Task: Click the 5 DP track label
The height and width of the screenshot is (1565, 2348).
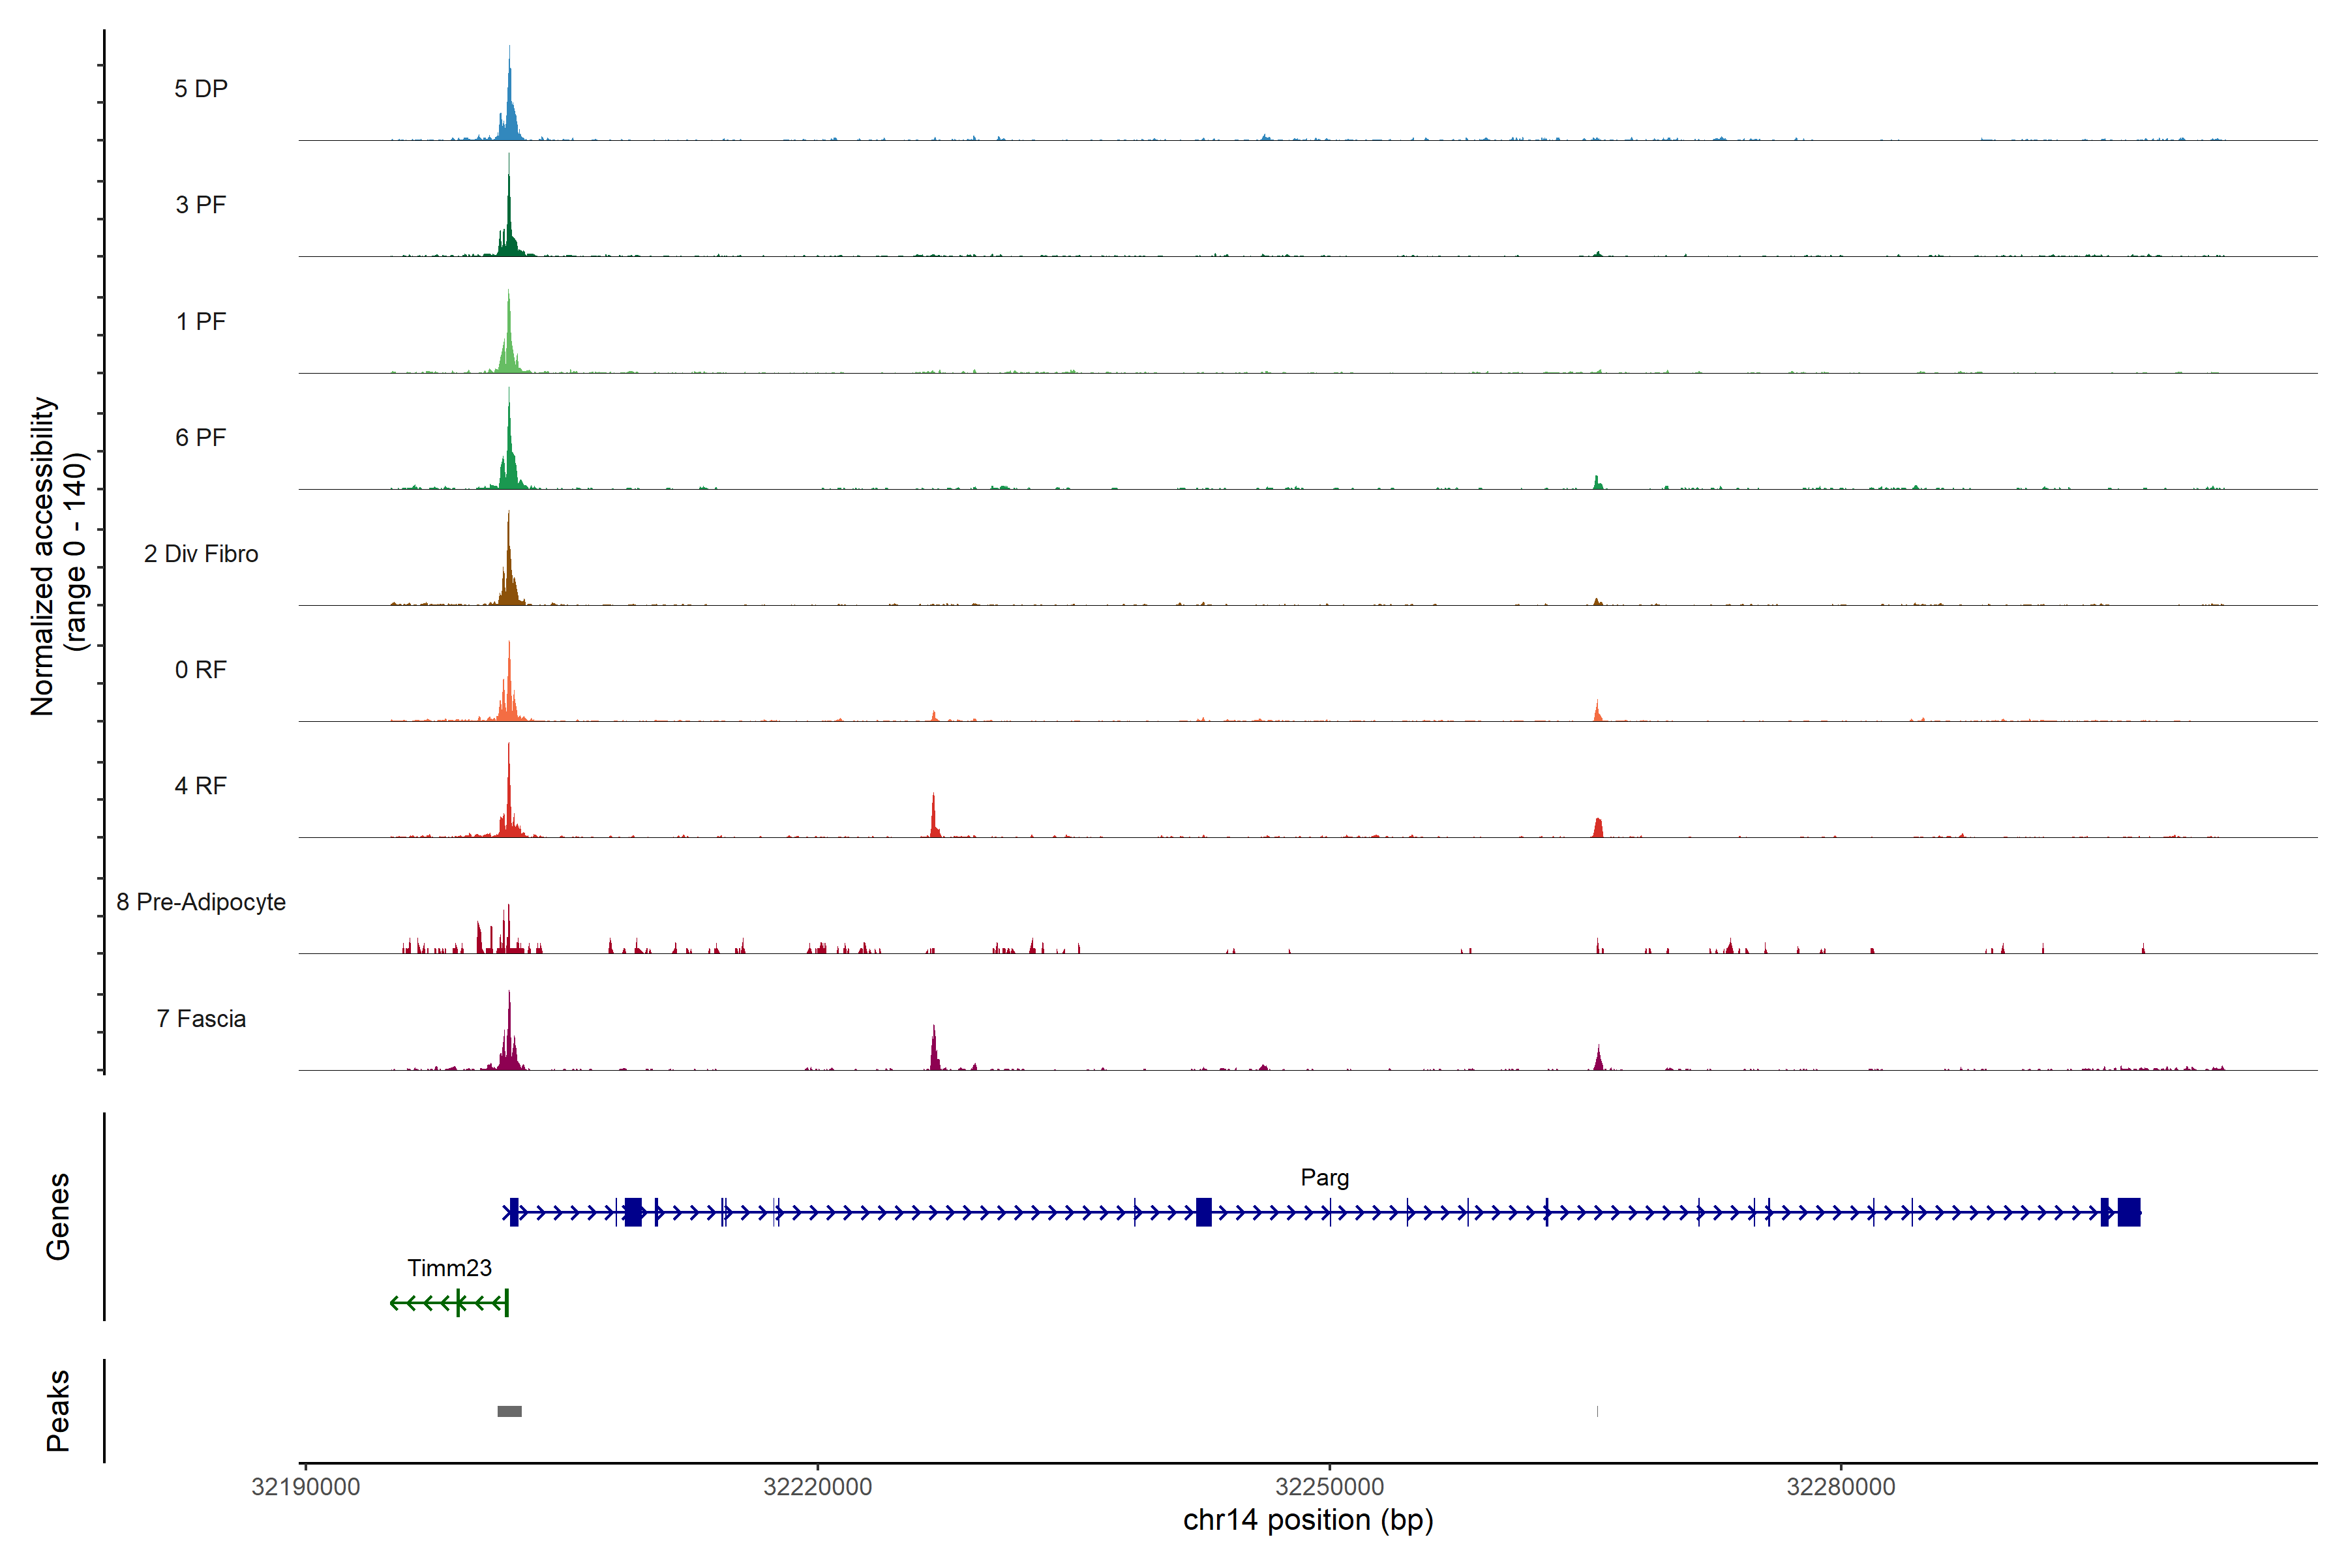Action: (x=201, y=89)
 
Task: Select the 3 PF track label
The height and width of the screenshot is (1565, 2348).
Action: (x=201, y=205)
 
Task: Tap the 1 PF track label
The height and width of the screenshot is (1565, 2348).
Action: (x=201, y=321)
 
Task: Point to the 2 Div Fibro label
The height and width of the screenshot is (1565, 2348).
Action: (x=201, y=554)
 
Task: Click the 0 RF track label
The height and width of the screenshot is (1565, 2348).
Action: (x=201, y=670)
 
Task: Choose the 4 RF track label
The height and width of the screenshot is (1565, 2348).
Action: (x=201, y=786)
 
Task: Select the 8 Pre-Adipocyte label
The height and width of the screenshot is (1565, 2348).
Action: (x=201, y=902)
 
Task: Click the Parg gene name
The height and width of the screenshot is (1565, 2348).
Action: (x=1324, y=1178)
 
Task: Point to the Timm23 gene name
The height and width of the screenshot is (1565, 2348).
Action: (x=449, y=1268)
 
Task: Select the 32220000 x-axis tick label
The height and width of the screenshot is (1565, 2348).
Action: (x=818, y=1487)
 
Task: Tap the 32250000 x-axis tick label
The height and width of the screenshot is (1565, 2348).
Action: (x=1330, y=1487)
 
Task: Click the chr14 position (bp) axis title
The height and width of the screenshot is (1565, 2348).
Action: (x=1308, y=1520)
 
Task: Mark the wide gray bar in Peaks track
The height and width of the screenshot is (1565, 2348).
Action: (x=509, y=1411)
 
